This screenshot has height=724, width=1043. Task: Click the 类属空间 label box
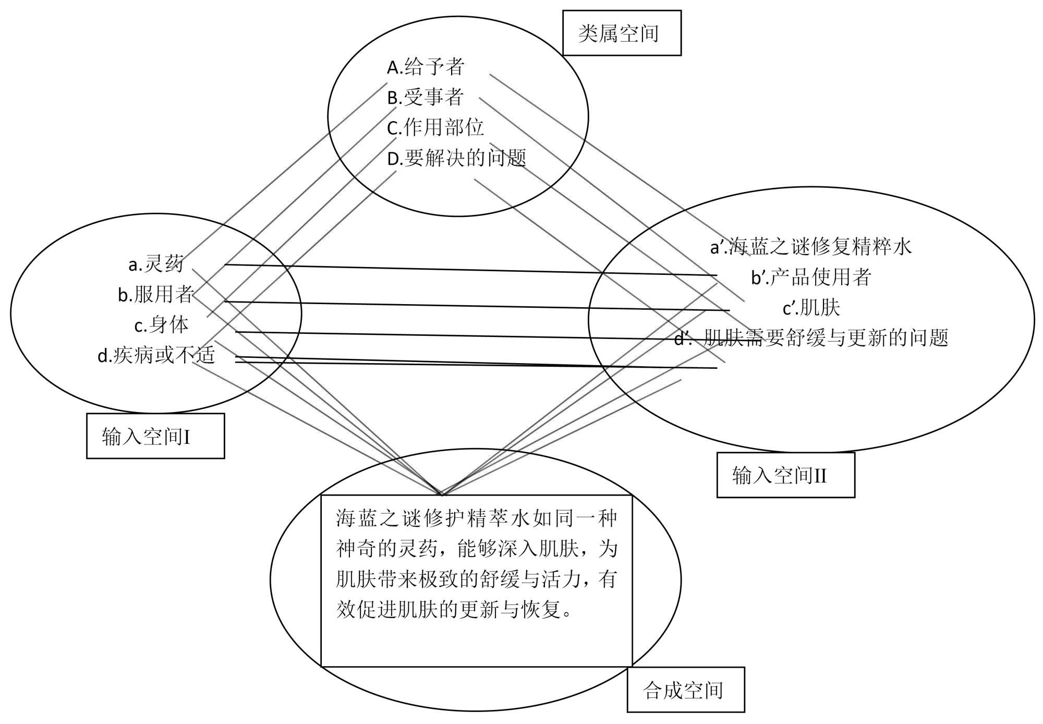tap(621, 33)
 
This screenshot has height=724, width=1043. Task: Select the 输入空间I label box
tap(155, 436)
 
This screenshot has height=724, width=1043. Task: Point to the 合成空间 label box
tap(685, 690)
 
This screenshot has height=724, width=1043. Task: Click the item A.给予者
tap(426, 67)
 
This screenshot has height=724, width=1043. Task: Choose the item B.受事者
tap(426, 97)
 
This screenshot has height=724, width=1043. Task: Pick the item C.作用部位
tap(435, 127)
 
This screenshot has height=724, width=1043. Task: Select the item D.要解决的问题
tap(457, 158)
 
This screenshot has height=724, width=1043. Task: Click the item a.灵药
tap(156, 264)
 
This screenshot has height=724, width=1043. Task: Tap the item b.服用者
tap(156, 294)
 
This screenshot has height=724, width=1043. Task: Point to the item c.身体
tap(161, 325)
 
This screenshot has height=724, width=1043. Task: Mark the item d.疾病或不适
tap(156, 355)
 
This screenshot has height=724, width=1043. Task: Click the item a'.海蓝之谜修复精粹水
tap(811, 246)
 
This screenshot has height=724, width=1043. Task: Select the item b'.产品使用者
tap(811, 277)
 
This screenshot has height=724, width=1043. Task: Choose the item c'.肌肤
tap(811, 308)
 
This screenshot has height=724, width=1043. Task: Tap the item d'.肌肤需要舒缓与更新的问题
tap(811, 338)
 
